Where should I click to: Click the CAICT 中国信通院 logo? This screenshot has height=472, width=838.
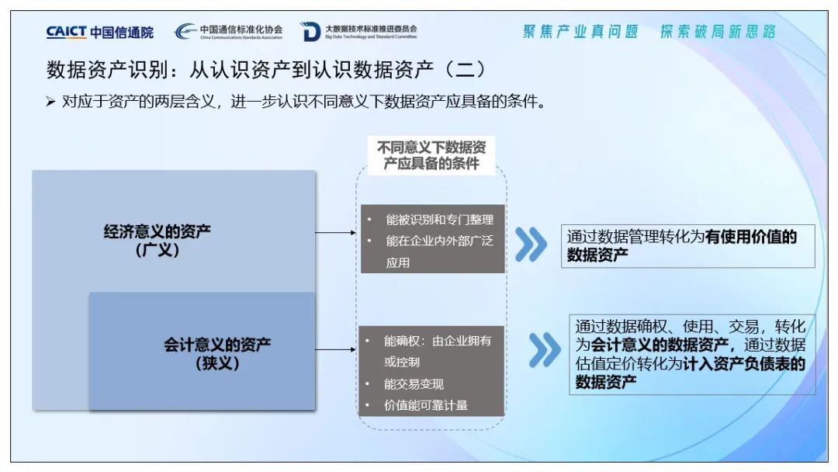tap(99, 32)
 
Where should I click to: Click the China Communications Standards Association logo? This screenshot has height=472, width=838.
tap(228, 32)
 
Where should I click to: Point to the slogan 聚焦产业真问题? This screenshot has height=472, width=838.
tap(580, 32)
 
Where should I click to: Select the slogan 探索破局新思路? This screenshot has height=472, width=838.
tap(718, 32)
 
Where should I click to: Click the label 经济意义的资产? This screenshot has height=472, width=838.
tap(158, 231)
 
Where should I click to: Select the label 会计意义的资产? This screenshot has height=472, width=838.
tap(217, 344)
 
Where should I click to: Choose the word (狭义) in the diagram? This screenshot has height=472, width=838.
tap(217, 363)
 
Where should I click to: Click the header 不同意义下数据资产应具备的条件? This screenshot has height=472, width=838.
tap(431, 155)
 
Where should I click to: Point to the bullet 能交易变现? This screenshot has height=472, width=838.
tap(414, 384)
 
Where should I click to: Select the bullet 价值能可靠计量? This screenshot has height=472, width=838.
tap(426, 405)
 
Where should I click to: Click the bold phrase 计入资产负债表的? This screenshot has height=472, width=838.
tap(744, 363)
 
